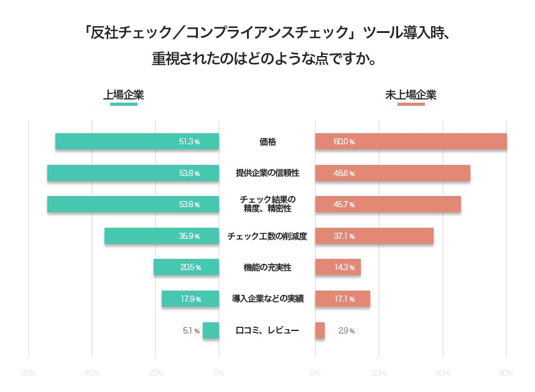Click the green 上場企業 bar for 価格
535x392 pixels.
click(x=137, y=141)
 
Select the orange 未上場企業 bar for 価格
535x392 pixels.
click(x=411, y=141)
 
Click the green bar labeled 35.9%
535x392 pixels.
click(x=162, y=236)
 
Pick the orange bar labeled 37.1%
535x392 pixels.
click(x=374, y=236)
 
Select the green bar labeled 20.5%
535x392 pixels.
click(x=186, y=268)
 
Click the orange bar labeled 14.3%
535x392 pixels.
click(x=338, y=268)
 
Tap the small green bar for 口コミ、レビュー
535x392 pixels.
click(x=211, y=330)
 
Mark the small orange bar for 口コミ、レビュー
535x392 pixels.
click(x=320, y=330)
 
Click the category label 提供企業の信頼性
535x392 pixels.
click(x=267, y=173)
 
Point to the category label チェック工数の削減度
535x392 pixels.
click(x=267, y=236)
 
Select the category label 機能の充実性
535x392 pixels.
click(x=267, y=268)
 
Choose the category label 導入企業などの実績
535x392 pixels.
click(x=267, y=299)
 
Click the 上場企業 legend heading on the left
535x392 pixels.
click(x=124, y=95)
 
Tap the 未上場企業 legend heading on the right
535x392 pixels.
click(x=411, y=95)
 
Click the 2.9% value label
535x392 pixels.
click(x=346, y=330)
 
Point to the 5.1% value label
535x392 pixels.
click(x=191, y=330)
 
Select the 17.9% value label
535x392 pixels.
click(x=190, y=299)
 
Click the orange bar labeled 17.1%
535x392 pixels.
click(x=342, y=299)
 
